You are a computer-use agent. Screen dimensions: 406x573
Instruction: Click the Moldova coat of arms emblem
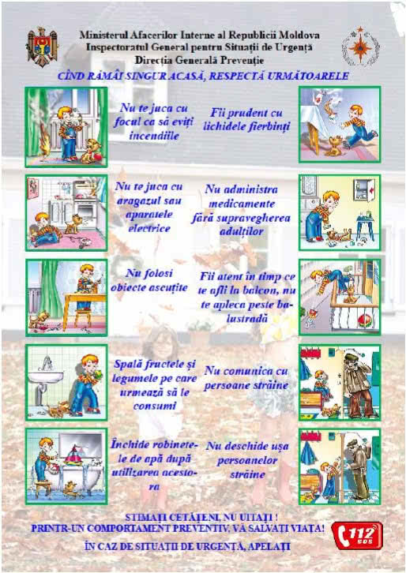pyautogui.click(x=42, y=47)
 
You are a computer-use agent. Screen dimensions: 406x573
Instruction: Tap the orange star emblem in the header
pyautogui.click(x=360, y=47)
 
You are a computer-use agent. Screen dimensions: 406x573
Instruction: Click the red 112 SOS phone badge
pyautogui.click(x=357, y=535)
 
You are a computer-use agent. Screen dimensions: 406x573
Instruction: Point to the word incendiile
pyautogui.click(x=154, y=136)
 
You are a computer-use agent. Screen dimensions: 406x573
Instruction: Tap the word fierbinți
pyautogui.click(x=269, y=126)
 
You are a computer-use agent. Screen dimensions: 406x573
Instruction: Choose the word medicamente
pyautogui.click(x=242, y=204)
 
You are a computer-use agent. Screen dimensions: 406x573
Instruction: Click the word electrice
pyautogui.click(x=148, y=228)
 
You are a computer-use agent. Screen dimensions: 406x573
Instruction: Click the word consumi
pyautogui.click(x=154, y=406)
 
